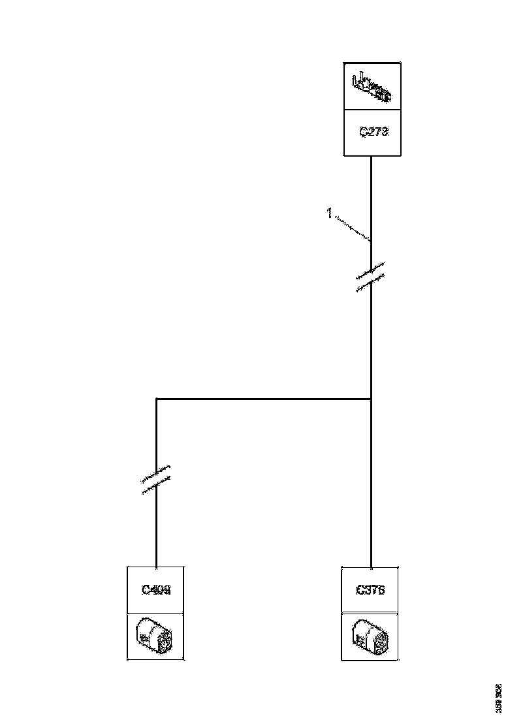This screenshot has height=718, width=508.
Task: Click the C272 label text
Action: [373, 131]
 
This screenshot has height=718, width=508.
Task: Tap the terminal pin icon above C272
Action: [372, 87]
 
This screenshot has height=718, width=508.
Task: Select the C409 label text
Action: [156, 590]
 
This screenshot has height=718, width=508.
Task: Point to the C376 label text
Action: [370, 590]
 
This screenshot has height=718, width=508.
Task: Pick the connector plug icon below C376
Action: [370, 636]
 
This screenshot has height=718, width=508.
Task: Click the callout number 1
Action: [330, 213]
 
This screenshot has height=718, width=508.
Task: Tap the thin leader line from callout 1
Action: [353, 228]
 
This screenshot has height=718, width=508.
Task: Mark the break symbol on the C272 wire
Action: [370, 277]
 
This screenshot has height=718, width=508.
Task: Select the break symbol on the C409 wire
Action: [156, 479]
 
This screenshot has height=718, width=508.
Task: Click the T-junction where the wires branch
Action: [371, 398]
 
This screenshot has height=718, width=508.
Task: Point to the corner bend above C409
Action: [157, 398]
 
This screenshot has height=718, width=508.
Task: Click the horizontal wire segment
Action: [261, 398]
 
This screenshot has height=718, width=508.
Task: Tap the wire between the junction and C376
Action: [371, 483]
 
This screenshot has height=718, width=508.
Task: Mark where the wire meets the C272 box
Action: [371, 156]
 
